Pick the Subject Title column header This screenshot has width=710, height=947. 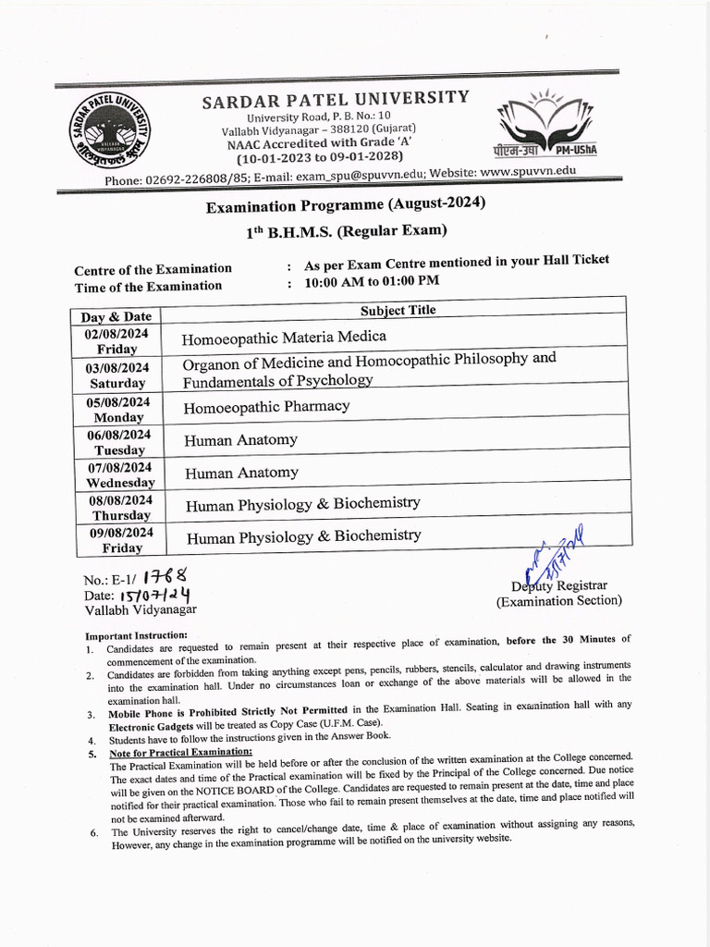tap(398, 311)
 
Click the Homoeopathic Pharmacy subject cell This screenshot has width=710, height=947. tap(266, 407)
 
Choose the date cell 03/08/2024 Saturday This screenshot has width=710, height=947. tap(117, 375)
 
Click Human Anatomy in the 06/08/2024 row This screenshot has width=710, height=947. tap(240, 440)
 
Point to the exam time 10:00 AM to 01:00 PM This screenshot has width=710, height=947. tap(372, 281)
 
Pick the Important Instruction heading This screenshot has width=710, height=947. tap(136, 636)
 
